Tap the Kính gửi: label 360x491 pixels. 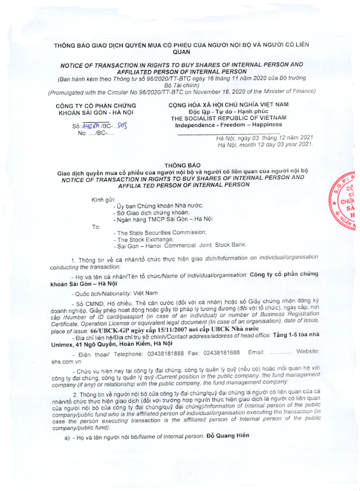[103, 199]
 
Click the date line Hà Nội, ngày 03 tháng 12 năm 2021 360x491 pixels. [263, 138]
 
